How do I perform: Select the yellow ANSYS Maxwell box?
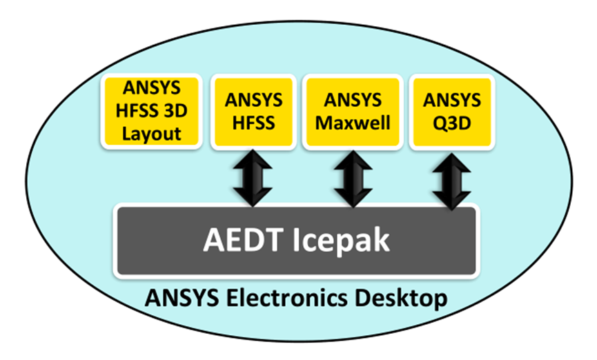pyautogui.click(x=352, y=112)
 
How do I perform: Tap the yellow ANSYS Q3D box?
pyautogui.click(x=452, y=112)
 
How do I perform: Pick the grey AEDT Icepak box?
pyautogui.click(x=296, y=241)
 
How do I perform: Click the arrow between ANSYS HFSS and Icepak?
pyautogui.click(x=253, y=177)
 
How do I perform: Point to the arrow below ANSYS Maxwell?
pyautogui.click(x=352, y=177)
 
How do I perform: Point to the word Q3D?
pyautogui.click(x=452, y=123)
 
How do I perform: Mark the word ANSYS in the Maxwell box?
pyautogui.click(x=352, y=101)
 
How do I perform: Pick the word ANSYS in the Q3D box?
pyautogui.click(x=452, y=101)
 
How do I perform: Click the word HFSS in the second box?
pyautogui.click(x=253, y=123)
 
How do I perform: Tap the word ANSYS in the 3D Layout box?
pyautogui.click(x=150, y=89)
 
